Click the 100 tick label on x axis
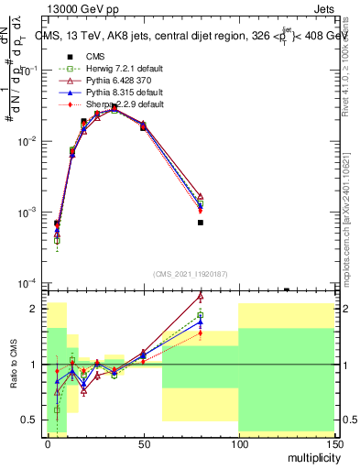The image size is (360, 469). point(238,442)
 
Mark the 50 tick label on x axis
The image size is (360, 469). point(143,442)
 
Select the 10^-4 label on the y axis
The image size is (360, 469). point(27,283)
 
